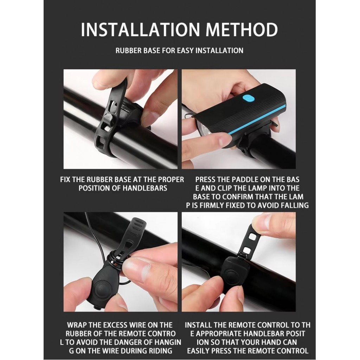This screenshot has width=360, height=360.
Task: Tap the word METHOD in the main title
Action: (x=242, y=30)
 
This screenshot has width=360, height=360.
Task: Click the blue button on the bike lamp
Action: (x=249, y=98)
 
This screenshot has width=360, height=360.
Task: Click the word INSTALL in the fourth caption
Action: (x=198, y=325)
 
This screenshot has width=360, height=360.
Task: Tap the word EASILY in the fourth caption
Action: (x=198, y=351)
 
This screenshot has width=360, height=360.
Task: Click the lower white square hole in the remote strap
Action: (x=247, y=250)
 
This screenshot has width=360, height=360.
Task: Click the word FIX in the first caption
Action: (x=65, y=180)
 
